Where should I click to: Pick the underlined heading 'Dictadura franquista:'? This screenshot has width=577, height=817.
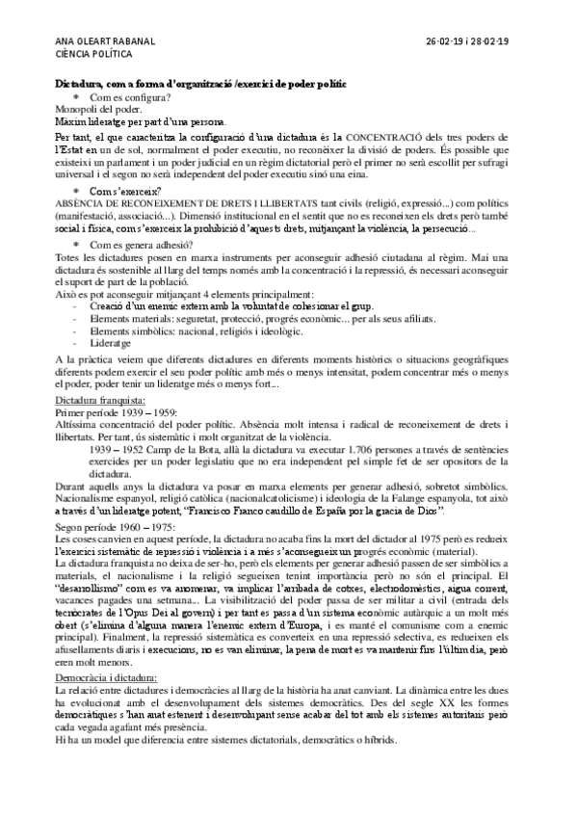[x=99, y=399]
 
